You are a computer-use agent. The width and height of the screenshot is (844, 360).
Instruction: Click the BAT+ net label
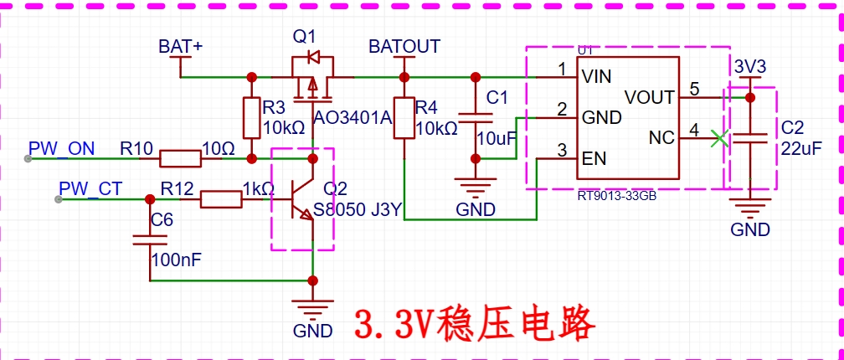(180, 46)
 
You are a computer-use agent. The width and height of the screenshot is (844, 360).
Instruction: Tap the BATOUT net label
(404, 46)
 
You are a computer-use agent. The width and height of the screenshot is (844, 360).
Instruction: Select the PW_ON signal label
(62, 148)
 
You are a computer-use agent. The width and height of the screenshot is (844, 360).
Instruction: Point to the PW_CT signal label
(91, 188)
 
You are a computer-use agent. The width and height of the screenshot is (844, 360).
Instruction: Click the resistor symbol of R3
(251, 117)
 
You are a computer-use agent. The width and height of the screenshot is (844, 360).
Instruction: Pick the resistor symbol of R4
(404, 117)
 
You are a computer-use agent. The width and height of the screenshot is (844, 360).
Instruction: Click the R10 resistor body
(179, 159)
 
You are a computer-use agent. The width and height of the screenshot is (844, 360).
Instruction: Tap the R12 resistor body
(221, 199)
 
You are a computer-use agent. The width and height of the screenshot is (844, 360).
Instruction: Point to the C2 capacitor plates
(749, 137)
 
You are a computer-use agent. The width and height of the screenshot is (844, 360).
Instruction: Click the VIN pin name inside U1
(596, 77)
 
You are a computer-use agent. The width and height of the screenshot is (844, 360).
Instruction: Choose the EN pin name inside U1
(594, 159)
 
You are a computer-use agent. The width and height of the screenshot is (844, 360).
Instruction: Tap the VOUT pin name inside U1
(649, 97)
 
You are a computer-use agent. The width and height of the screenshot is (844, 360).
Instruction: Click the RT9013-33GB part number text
(617, 197)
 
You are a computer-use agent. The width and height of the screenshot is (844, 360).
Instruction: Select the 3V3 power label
(750, 67)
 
